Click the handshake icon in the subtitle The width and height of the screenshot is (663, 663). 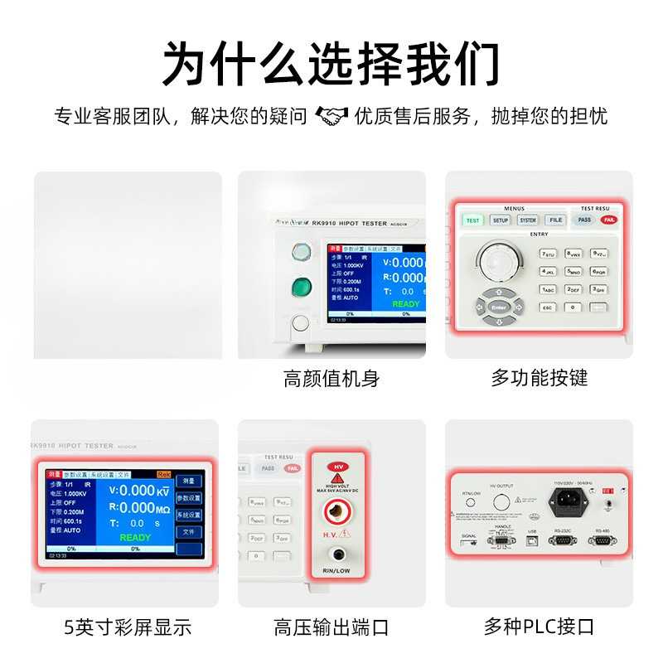coord(331,116)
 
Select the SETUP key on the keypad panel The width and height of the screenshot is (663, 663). coord(501,220)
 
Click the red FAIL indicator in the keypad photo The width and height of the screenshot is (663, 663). coord(608,220)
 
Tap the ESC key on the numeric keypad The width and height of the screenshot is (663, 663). coord(548,307)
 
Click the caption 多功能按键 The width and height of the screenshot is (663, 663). coord(539,378)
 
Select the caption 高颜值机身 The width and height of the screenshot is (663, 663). coord(331,380)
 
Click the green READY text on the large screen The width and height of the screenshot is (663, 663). coord(135,537)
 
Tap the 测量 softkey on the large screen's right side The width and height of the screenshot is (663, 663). coord(188,480)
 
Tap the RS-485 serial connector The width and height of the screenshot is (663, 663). coord(603,540)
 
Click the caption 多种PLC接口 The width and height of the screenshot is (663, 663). coord(539,627)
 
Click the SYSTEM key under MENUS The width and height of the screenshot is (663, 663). coord(528,220)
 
